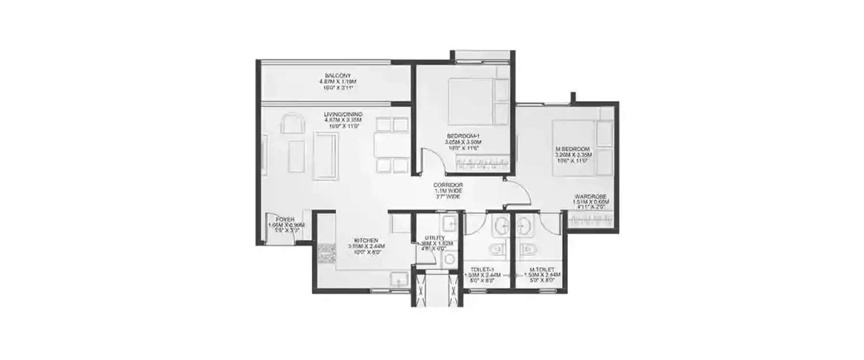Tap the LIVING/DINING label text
[x=343, y=114]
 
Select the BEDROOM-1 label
[x=463, y=136]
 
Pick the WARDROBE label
[x=588, y=196]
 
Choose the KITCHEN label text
[x=366, y=240]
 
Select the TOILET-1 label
[x=483, y=269]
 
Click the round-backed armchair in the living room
[x=290, y=124]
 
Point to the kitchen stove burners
[x=327, y=252]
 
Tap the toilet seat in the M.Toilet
[x=527, y=250]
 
